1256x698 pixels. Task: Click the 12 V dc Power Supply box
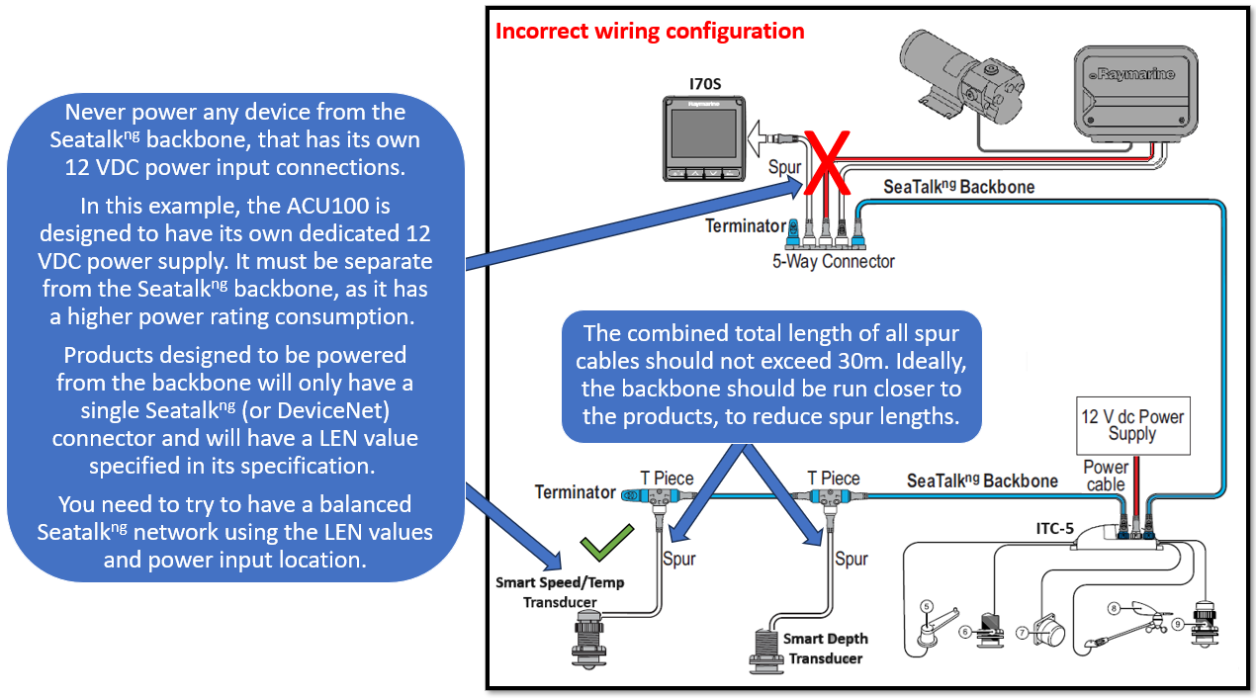(1131, 426)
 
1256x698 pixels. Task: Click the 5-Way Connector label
(833, 262)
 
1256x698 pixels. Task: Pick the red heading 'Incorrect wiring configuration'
(649, 31)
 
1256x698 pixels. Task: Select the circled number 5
(927, 605)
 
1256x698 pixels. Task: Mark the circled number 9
(1178, 624)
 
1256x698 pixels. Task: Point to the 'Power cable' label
(1105, 476)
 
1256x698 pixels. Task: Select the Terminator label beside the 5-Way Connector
(745, 226)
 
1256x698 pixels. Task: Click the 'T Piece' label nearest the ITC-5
(833, 479)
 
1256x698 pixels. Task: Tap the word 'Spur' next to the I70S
(784, 168)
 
